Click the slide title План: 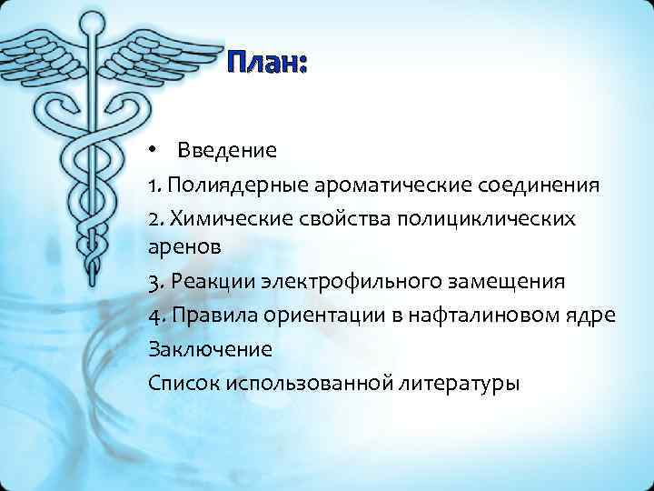pyautogui.click(x=267, y=64)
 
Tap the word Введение pyautogui.click(x=226, y=149)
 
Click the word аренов pyautogui.click(x=181, y=246)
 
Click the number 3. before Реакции pyautogui.click(x=155, y=281)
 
